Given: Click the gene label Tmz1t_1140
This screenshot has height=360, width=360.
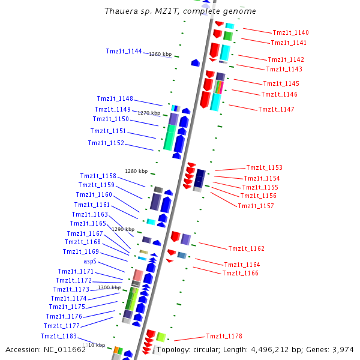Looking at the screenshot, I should (x=290, y=32).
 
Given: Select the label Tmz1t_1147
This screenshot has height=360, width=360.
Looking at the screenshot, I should (x=276, y=109).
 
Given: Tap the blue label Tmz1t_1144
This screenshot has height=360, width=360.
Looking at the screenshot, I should (x=124, y=51).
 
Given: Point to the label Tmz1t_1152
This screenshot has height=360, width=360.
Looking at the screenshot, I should (x=106, y=143).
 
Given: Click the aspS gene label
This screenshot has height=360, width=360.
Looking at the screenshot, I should (x=89, y=262).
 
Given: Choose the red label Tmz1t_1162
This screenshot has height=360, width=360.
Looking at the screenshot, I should (x=246, y=248).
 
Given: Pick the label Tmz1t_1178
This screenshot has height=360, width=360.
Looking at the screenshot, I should (x=224, y=336).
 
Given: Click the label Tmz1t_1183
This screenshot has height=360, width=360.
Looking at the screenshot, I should (x=59, y=336).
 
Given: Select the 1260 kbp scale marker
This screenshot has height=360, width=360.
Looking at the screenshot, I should (x=160, y=54).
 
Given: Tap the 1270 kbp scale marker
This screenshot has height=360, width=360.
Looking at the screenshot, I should (x=149, y=113).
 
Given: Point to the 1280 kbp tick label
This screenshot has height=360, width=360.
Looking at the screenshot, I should (x=136, y=171).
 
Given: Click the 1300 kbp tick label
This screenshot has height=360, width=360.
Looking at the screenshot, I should (x=109, y=287).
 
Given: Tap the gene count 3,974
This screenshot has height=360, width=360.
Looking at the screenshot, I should (x=342, y=349).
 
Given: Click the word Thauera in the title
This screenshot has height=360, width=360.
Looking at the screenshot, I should (x=119, y=11).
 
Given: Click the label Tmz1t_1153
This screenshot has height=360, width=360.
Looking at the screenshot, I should (x=264, y=167).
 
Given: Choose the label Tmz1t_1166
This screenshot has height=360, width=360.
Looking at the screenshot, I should (x=240, y=273).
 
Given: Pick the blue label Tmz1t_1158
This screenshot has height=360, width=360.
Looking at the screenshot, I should (x=98, y=176).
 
